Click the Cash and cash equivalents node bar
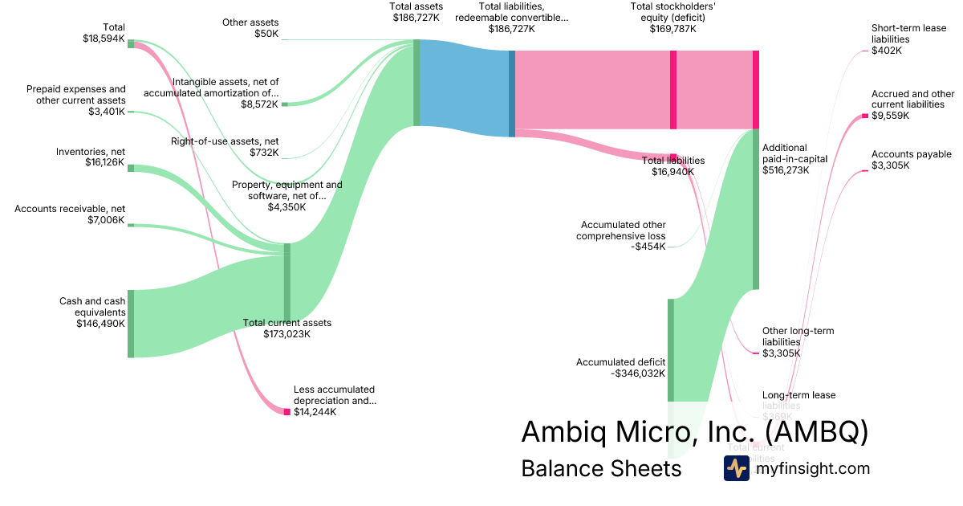(131, 324)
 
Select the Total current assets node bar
(287, 281)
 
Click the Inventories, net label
(90, 152)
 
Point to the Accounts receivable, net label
(70, 209)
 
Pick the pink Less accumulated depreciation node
(286, 412)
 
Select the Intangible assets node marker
(284, 104)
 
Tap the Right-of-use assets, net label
(225, 141)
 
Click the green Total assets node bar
(416, 84)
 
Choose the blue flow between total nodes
(464, 88)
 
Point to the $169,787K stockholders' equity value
(672, 28)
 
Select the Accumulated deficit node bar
(671, 349)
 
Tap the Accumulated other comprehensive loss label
(620, 231)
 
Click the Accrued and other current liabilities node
(865, 116)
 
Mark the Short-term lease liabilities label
(908, 34)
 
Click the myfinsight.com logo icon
(736, 468)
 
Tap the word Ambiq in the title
(558, 431)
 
